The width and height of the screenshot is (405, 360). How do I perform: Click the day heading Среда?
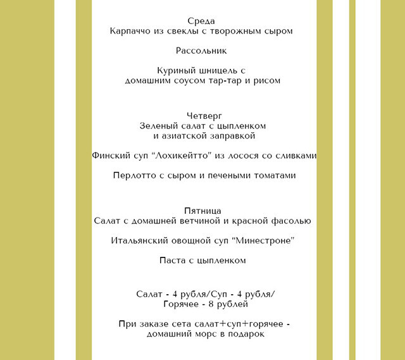(x=202, y=20)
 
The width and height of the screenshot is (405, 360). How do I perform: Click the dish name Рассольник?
(x=202, y=51)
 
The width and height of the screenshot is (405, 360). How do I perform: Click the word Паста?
(x=175, y=261)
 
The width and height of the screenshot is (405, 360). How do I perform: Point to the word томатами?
(x=273, y=176)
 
